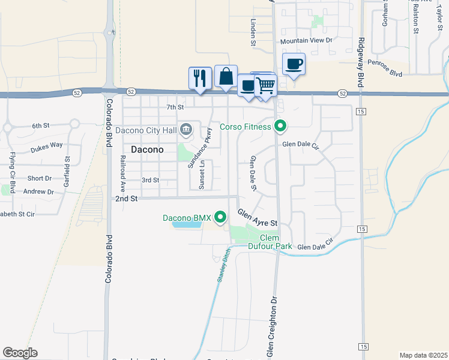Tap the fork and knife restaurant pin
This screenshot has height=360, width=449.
pyautogui.click(x=200, y=77)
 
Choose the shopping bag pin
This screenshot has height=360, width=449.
pyautogui.click(x=226, y=76)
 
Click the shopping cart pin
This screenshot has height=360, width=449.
pyautogui.click(x=265, y=86)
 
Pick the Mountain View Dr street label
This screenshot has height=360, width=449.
pyautogui.click(x=306, y=40)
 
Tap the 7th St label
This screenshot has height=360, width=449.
pyautogui.click(x=175, y=107)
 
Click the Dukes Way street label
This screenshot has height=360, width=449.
pyautogui.click(x=47, y=145)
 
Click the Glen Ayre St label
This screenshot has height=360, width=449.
pyautogui.click(x=258, y=217)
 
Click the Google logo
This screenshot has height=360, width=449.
pyautogui.click(x=20, y=353)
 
